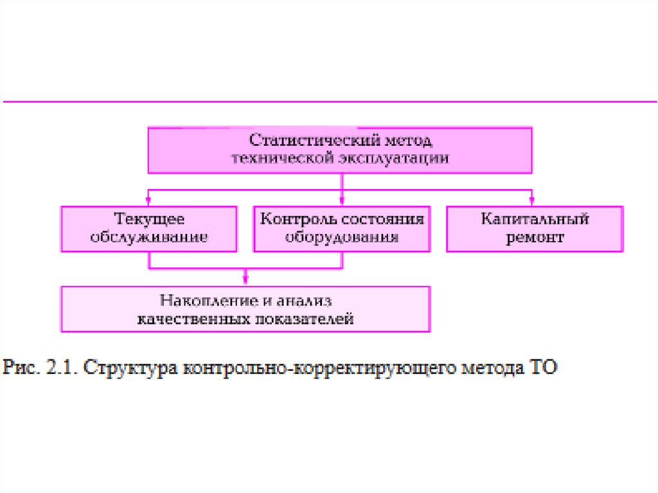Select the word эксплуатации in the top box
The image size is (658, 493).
394,158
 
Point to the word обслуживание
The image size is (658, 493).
149,237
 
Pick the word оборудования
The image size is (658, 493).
342,237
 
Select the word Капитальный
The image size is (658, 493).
535,220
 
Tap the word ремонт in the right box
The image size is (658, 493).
535,238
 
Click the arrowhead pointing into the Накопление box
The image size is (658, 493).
245,280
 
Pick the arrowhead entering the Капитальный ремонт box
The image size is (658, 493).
533,201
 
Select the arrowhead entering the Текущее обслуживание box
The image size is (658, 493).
149,201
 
